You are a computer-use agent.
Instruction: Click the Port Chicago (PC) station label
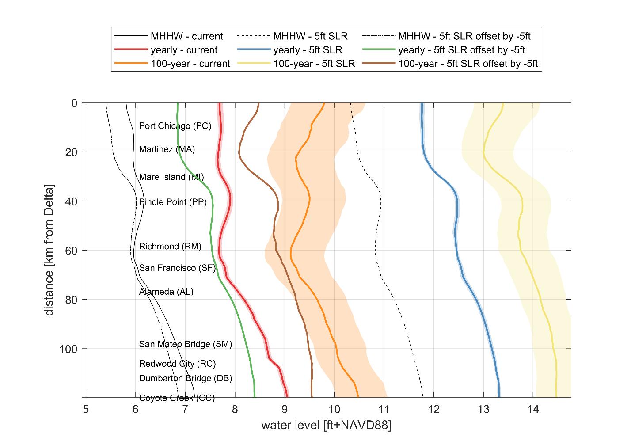pos(175,126)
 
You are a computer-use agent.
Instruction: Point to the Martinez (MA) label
pos(167,149)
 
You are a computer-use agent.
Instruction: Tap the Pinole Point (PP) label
pos(173,202)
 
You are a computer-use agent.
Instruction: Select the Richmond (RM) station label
pos(170,247)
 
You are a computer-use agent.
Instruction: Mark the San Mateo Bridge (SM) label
pos(185,344)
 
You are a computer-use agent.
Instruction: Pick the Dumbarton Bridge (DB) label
pos(185,378)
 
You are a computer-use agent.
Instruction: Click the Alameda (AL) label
pos(166,292)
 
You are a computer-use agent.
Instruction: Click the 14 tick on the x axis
pos(533,409)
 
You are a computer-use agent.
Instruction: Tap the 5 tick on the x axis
pos(86,409)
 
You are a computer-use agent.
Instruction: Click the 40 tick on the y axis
pos(71,201)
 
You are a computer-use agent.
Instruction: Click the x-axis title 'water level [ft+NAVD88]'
pos(327,426)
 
